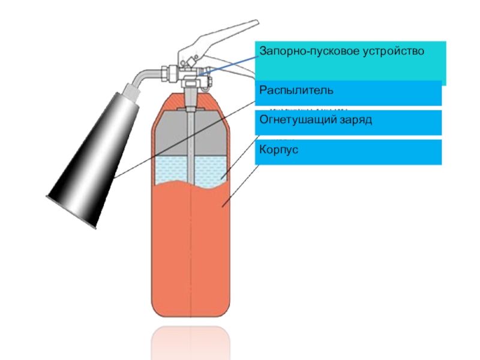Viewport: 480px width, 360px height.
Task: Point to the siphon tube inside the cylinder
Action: click(190, 144)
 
